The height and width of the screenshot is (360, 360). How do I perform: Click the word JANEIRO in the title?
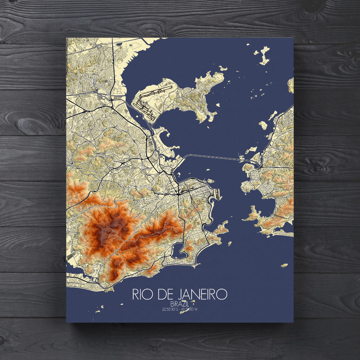coord(202,294)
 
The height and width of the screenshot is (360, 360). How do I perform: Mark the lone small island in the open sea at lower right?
coord(284,266)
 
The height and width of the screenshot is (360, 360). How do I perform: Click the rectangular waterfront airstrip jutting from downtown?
coord(217,193)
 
